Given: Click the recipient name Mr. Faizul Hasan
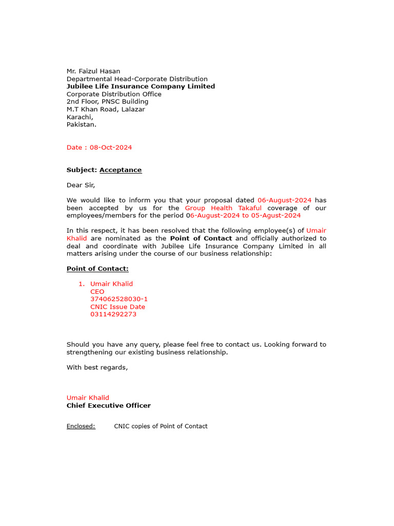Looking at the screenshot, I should [x=93, y=71].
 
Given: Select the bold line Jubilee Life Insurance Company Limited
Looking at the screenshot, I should [x=141, y=86].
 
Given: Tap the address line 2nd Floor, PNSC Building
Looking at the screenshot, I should [x=107, y=102].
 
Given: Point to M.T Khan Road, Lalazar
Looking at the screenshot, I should [x=106, y=109].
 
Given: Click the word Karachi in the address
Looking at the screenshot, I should [x=79, y=117].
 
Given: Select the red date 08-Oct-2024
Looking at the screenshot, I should [x=110, y=147].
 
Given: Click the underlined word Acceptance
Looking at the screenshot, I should [x=121, y=170].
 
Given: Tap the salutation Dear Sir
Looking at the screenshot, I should [x=81, y=185].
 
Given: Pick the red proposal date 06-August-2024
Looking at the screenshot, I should [x=284, y=200].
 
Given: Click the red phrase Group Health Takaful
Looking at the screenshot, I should [x=223, y=208].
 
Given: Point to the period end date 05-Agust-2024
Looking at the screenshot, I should [x=276, y=216].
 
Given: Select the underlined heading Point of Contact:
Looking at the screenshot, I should [x=97, y=269].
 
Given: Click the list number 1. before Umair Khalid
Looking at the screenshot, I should [x=81, y=284].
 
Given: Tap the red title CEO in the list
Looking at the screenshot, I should [x=97, y=292].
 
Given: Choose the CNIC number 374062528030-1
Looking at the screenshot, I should [x=119, y=299].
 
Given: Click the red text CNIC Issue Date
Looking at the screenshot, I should [x=117, y=307].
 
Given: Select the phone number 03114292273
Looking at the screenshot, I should [x=113, y=314].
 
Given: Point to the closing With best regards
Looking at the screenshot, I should [x=97, y=367].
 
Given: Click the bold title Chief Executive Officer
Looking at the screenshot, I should [x=109, y=406].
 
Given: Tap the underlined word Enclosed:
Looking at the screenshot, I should [x=81, y=426].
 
